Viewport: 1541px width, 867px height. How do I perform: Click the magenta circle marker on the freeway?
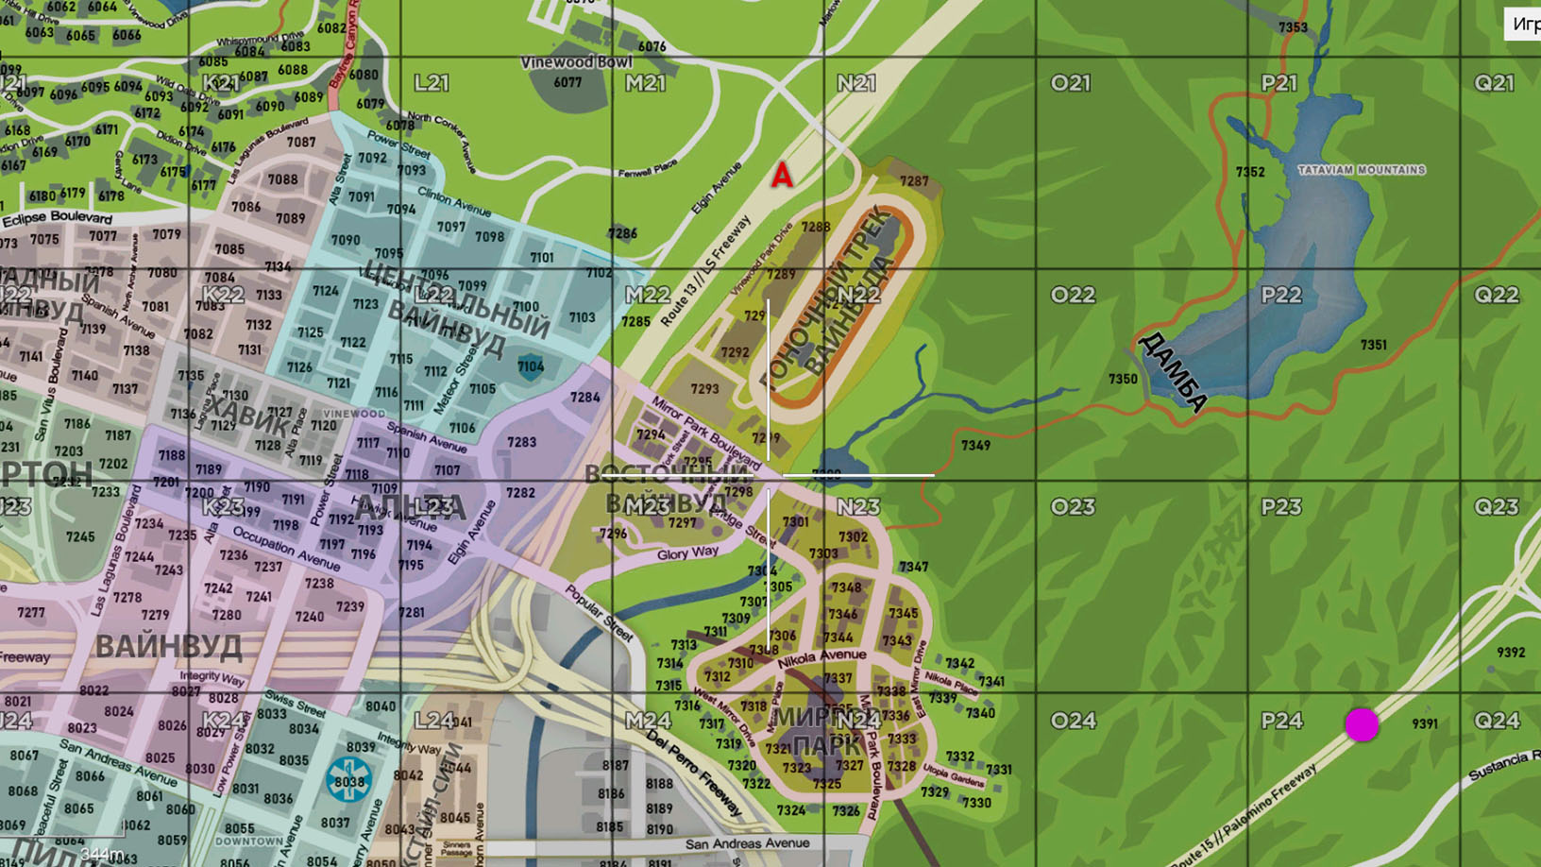click(x=1362, y=724)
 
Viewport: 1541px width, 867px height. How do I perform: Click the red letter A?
click(x=782, y=176)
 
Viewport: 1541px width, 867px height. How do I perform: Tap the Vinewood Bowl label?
click(x=576, y=62)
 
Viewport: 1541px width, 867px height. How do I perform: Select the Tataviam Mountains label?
click(x=1361, y=170)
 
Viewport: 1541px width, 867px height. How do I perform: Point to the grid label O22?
click(x=1073, y=295)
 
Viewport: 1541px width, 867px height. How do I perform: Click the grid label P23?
click(x=1281, y=507)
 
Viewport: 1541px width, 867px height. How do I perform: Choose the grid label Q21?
click(x=1495, y=83)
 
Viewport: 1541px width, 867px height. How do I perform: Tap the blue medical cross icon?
click(x=348, y=780)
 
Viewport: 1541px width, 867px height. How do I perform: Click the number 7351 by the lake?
click(x=1373, y=345)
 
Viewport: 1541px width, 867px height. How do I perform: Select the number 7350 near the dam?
click(x=1123, y=379)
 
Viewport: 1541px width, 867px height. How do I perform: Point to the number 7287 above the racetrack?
click(x=913, y=181)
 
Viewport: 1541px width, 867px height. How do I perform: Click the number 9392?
click(x=1511, y=653)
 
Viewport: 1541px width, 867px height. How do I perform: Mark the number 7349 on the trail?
click(x=975, y=445)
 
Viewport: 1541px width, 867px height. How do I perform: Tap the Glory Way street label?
click(x=687, y=553)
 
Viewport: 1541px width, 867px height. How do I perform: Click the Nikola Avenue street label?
click(x=821, y=658)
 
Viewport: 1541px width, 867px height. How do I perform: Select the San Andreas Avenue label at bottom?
click(x=747, y=843)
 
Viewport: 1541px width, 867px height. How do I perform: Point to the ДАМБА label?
click(x=1172, y=371)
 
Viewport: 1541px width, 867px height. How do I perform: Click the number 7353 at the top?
click(x=1293, y=27)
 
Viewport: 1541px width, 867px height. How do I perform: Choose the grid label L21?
click(x=432, y=83)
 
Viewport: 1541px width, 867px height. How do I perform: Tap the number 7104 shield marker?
click(x=530, y=366)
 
